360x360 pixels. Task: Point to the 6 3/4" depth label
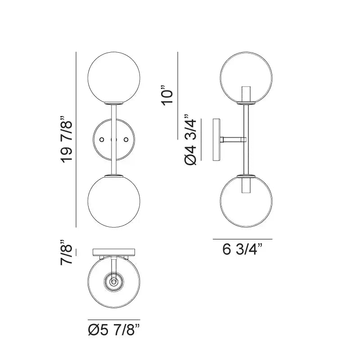coord(243,249)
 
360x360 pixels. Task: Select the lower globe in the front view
coord(114,201)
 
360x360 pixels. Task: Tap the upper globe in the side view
coord(246,77)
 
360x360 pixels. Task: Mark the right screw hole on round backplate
coord(126,139)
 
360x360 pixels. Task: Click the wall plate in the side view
coord(216,139)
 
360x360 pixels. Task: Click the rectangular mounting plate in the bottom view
coord(114,251)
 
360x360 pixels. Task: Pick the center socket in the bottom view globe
coord(114,282)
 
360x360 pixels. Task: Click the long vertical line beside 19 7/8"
coord(77,139)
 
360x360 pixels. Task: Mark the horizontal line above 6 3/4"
coord(243,239)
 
